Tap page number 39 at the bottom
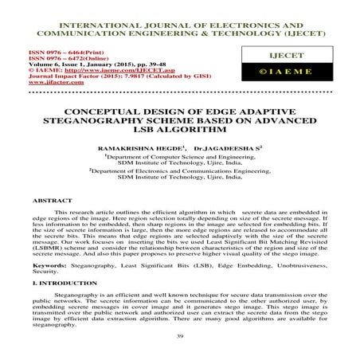[179, 338]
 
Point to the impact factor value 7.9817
[143, 78]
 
